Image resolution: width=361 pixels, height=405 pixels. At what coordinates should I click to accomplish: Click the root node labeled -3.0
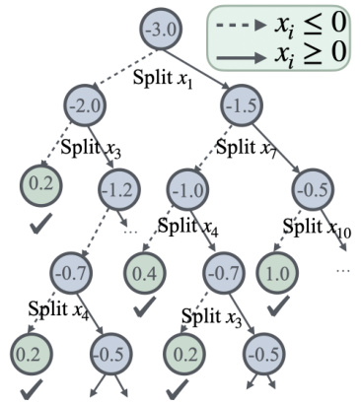(162, 31)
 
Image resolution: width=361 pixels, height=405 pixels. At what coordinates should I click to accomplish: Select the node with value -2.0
(87, 105)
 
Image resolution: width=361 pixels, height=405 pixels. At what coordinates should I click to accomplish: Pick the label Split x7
(245, 149)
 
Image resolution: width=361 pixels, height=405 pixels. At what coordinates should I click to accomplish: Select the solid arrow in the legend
(241, 53)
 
